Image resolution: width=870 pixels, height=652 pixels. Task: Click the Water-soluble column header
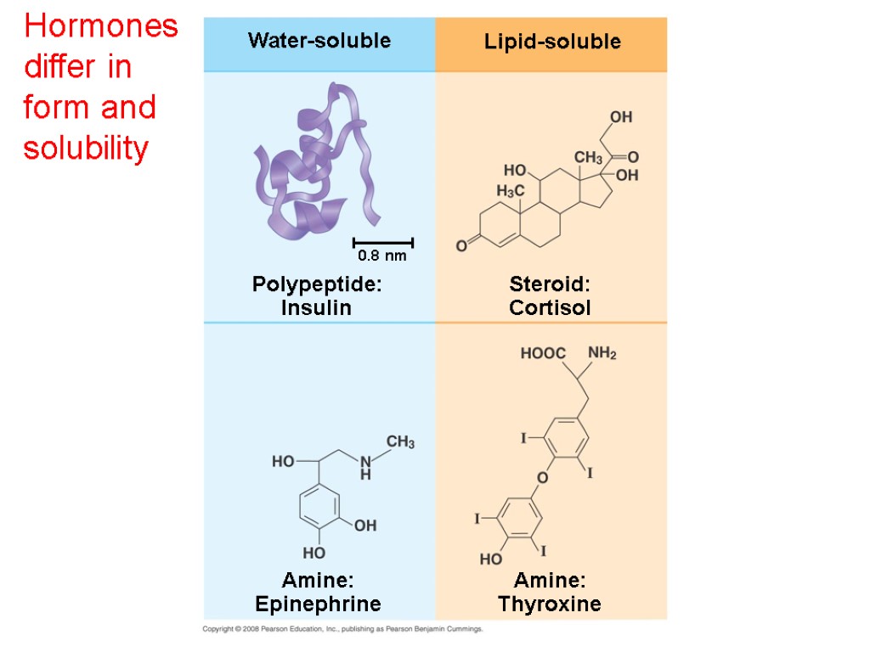tap(319, 41)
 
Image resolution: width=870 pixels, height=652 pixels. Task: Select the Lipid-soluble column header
tap(552, 42)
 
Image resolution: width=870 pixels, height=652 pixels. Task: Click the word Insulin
tap(316, 308)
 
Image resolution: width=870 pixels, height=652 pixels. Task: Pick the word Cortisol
tap(550, 308)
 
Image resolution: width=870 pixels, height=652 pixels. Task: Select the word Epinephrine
tap(318, 604)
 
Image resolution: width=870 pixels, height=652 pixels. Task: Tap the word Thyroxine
tap(550, 604)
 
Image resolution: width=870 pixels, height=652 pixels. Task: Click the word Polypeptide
tap(314, 285)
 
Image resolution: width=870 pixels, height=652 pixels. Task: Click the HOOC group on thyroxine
tap(543, 353)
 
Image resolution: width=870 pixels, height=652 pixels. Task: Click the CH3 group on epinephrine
tap(401, 442)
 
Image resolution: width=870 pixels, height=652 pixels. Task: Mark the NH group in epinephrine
tap(365, 468)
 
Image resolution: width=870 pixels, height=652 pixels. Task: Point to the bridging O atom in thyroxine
tap(543, 478)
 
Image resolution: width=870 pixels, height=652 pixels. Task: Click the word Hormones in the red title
tap(101, 27)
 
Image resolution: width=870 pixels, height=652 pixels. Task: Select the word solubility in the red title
tap(87, 149)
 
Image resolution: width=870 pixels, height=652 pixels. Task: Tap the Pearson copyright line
tap(342, 629)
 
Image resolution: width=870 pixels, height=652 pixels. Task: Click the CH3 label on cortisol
tap(587, 157)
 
